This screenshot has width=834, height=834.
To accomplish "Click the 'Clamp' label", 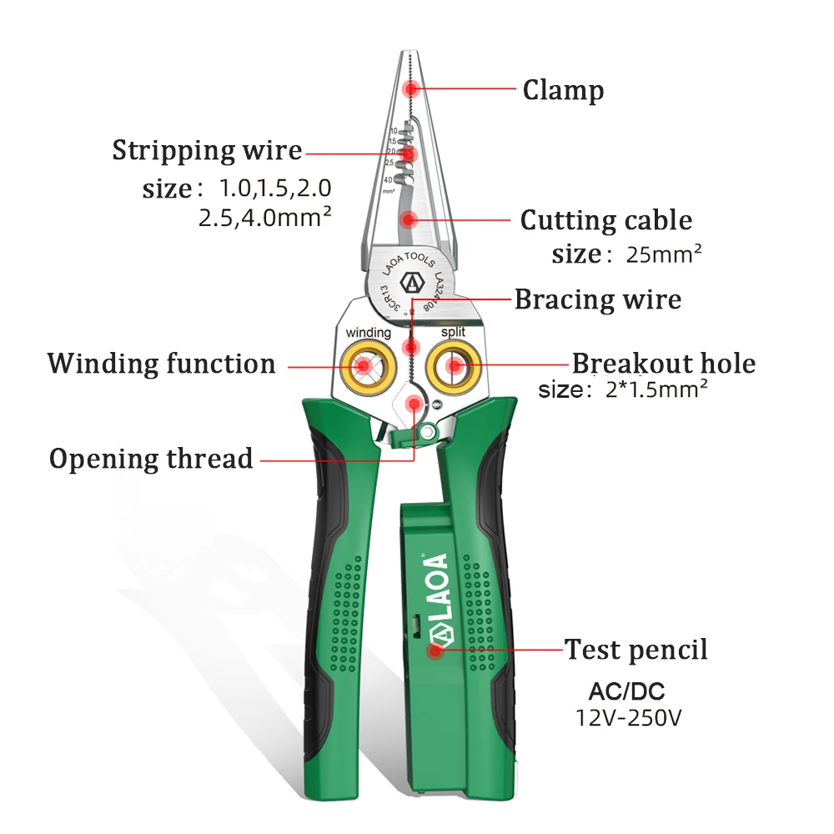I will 563,89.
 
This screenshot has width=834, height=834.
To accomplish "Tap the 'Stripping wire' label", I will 207,151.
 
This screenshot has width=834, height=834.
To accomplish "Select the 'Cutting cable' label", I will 606,220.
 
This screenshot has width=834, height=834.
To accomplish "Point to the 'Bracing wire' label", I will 597,299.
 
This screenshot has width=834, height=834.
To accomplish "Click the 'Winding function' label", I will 161,364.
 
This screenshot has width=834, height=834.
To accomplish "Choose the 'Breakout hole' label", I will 663,364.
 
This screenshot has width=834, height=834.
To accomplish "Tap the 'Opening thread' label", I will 151,458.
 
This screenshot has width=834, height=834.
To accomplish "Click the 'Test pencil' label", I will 636,649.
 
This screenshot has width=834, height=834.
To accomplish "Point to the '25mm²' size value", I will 664,254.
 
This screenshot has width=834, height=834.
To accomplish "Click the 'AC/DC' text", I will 626,691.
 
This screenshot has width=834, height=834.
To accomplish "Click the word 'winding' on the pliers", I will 368,333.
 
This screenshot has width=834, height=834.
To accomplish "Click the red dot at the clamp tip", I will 409,89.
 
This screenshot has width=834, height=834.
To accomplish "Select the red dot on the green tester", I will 435,649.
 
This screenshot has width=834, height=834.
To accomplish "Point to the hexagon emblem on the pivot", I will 410,282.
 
